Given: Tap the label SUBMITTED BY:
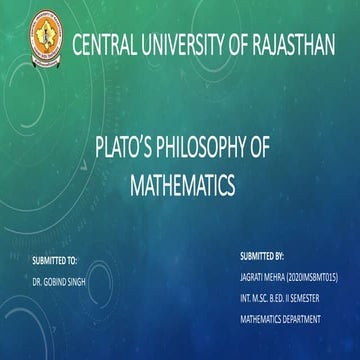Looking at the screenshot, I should (263, 255).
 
